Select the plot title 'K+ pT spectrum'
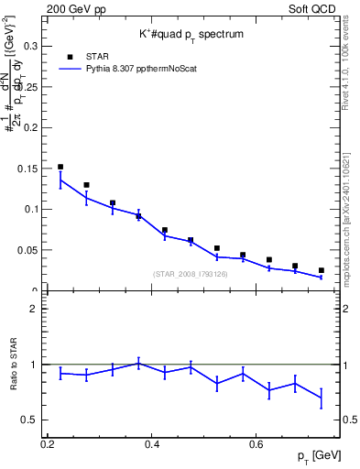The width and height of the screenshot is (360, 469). (x=191, y=33)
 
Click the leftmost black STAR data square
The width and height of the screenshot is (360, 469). (x=60, y=168)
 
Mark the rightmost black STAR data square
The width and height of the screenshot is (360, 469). (x=322, y=270)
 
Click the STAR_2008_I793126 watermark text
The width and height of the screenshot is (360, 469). (x=191, y=274)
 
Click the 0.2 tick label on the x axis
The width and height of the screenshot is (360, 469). (x=48, y=443)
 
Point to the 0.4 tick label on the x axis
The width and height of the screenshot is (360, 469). (x=152, y=443)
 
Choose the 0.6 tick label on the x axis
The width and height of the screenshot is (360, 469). (x=256, y=443)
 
